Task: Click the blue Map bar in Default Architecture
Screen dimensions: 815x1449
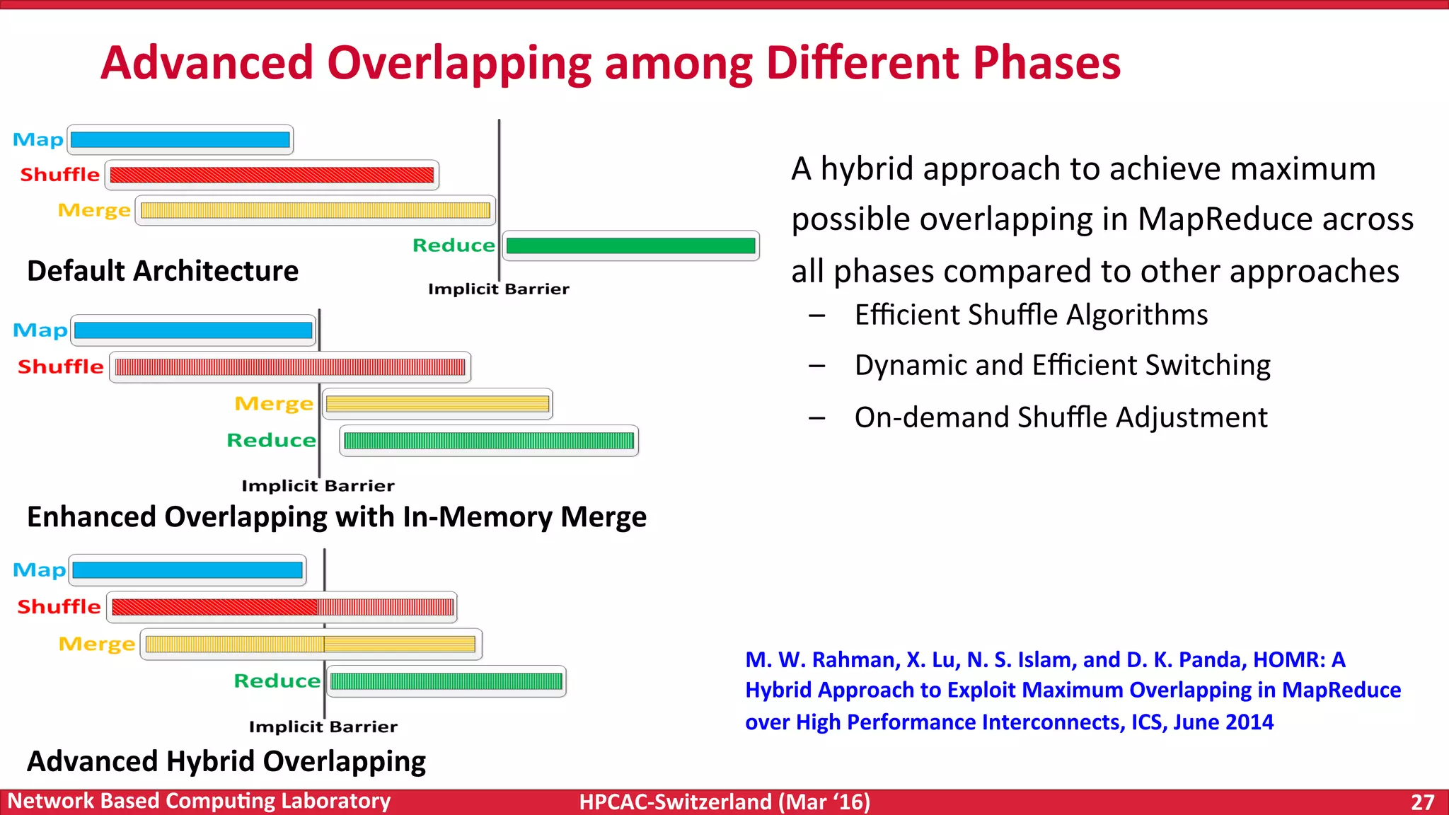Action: [x=180, y=139]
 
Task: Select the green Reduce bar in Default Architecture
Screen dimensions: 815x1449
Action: [x=630, y=245]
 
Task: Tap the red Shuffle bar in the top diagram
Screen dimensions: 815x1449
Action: [x=272, y=175]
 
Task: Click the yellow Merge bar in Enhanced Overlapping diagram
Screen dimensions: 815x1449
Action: [x=437, y=404]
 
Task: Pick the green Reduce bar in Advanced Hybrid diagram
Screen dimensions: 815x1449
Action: [x=446, y=681]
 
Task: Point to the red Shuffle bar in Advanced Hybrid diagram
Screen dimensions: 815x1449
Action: [x=282, y=607]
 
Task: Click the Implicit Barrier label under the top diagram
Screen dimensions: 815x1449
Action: [x=498, y=289]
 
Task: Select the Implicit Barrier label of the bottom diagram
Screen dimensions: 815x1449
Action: [x=323, y=727]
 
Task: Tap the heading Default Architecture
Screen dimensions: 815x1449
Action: [x=163, y=271]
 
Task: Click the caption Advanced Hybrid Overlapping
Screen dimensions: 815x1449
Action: [x=226, y=761]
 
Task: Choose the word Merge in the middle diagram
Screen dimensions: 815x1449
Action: [x=274, y=404]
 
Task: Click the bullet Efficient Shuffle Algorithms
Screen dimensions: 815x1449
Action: [x=1031, y=315]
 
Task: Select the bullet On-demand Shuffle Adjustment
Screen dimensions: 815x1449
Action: [x=1061, y=417]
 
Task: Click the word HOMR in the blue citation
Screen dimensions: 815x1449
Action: [x=1288, y=659]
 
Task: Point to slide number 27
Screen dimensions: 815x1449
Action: [x=1422, y=802]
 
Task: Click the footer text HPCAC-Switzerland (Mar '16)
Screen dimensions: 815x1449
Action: [x=724, y=802]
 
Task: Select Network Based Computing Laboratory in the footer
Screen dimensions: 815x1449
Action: [x=199, y=801]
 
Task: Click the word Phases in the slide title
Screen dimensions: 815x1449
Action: [x=1046, y=62]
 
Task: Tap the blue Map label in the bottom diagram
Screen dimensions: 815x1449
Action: [x=39, y=570]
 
